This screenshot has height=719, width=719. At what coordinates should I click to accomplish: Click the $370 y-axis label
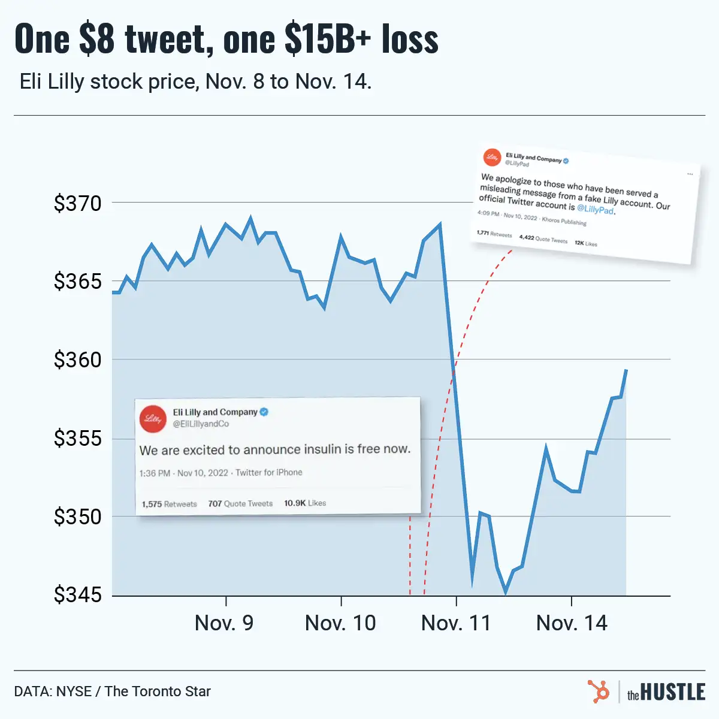pos(78,203)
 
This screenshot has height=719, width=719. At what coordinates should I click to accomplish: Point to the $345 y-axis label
pos(78,595)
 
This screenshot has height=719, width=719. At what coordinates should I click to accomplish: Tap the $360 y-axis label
pos(78,360)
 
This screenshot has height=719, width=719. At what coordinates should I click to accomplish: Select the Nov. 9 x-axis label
pos(224,623)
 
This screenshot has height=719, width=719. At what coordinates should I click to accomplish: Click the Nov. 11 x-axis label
pos(456,623)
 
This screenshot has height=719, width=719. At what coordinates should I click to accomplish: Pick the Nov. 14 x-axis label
pos(572,623)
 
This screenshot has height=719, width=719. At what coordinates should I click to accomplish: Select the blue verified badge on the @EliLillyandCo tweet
pos(264,412)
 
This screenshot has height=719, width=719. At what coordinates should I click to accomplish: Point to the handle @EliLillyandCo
pos(201,424)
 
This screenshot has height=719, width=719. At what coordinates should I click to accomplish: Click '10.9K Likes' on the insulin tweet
pos(305,503)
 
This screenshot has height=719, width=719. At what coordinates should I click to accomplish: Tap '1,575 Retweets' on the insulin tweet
pos(169,504)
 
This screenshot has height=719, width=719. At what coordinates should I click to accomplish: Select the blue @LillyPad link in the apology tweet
pos(595,209)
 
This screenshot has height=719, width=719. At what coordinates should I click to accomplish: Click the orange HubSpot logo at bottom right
pos(598,691)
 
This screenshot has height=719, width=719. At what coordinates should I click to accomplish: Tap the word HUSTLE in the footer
pos(673,693)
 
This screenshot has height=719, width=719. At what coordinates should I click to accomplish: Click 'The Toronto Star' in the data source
pos(158,691)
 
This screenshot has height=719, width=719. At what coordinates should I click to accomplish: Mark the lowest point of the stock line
pos(506,593)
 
